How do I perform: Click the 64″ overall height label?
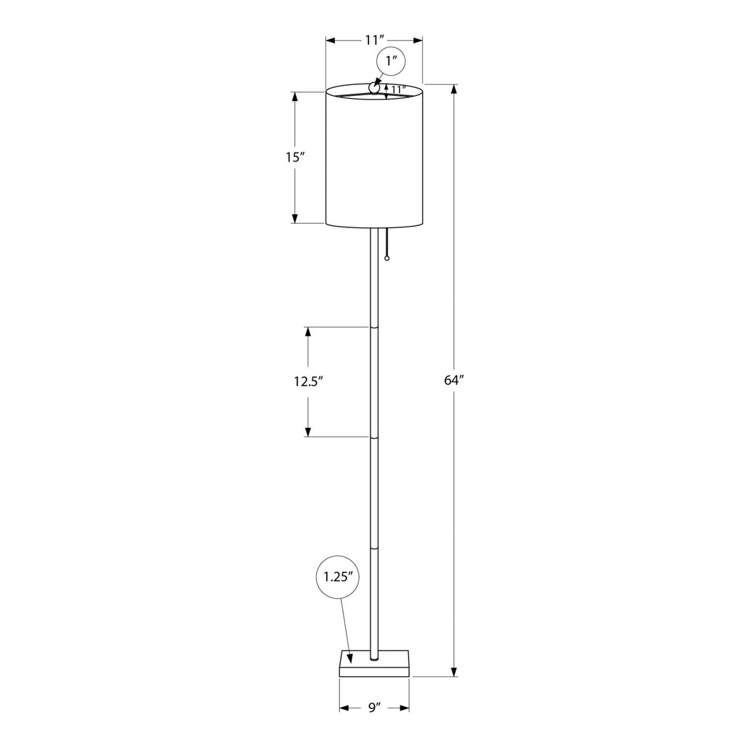coord(453,380)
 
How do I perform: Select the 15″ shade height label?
coord(295,157)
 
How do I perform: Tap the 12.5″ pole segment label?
coord(308,381)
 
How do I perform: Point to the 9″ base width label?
coord(375,708)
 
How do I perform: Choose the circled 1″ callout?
coord(391,62)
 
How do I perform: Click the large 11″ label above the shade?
coord(374,40)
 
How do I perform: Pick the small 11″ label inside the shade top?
coord(399,89)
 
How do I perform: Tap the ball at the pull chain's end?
coord(387,259)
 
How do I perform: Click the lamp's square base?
coord(374,663)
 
